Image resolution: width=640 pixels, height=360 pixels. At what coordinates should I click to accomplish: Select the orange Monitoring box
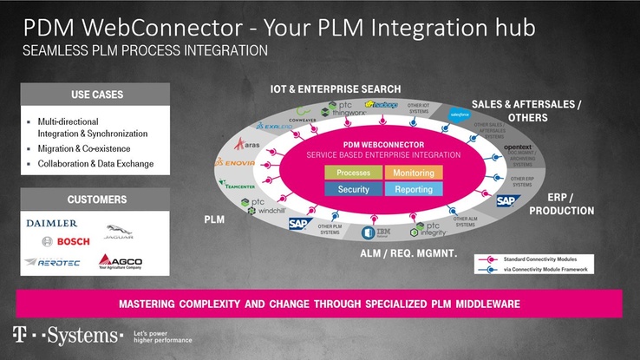[414, 173]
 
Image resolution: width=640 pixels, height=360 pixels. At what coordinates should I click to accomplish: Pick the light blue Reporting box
[414, 189]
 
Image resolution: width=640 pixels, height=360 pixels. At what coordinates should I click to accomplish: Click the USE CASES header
[96, 94]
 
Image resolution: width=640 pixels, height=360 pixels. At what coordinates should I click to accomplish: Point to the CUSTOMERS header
[96, 200]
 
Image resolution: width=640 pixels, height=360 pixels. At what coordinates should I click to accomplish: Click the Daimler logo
[51, 223]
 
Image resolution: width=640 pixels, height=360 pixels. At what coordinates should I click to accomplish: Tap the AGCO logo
[121, 261]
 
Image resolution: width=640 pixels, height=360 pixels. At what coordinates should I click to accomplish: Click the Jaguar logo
[119, 232]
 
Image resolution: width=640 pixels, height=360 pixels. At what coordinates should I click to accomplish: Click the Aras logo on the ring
[246, 144]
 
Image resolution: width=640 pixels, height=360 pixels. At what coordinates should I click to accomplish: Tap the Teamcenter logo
[235, 184]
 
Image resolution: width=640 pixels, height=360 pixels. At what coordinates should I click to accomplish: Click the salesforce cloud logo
[459, 114]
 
